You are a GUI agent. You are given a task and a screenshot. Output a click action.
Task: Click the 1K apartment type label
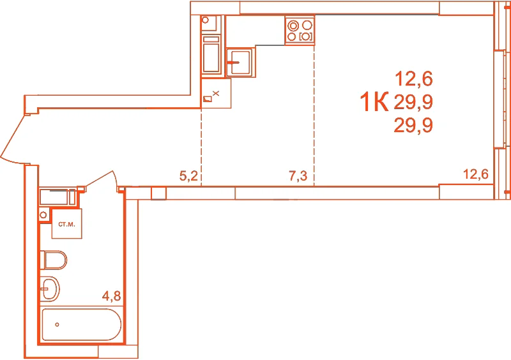coord(374,101)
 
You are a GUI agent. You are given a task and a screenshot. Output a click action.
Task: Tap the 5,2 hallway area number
coord(188,176)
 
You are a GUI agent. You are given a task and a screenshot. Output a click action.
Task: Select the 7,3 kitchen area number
coord(298,176)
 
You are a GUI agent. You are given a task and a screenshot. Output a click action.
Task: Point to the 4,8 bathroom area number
coord(111,296)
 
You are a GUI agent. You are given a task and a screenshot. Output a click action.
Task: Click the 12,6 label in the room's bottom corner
coord(476,174)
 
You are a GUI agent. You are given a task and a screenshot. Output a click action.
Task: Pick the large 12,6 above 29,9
coord(414,79)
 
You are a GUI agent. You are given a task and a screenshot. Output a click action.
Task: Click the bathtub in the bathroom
coord(82,325)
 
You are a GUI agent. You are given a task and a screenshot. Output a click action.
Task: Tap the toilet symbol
coord(54,260)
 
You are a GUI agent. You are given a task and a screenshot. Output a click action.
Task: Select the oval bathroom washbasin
coord(50,289)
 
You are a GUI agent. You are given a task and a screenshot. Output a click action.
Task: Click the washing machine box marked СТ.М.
coord(67,224)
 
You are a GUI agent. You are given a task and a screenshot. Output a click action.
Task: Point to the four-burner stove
coord(300,30)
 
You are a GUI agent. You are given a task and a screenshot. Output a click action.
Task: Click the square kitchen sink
coord(241,62)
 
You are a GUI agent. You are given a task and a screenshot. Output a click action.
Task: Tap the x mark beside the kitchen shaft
coord(216,93)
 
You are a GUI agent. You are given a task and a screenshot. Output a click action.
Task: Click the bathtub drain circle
coord(57,324)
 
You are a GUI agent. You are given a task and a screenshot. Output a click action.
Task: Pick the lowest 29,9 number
coord(413,126)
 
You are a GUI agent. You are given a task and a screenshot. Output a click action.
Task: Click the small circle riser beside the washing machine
coord(43,215)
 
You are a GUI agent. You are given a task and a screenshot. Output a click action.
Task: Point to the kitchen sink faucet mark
coord(234,62)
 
